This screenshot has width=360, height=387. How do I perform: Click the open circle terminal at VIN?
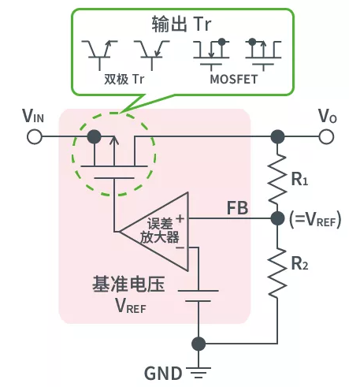[34, 137]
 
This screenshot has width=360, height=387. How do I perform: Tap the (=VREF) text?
[315, 221]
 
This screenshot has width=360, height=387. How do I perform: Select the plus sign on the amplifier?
[181, 218]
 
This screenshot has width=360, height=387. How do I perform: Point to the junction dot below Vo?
[276, 137]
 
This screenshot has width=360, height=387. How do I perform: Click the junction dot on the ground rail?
[199, 344]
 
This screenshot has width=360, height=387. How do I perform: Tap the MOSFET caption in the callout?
[233, 80]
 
